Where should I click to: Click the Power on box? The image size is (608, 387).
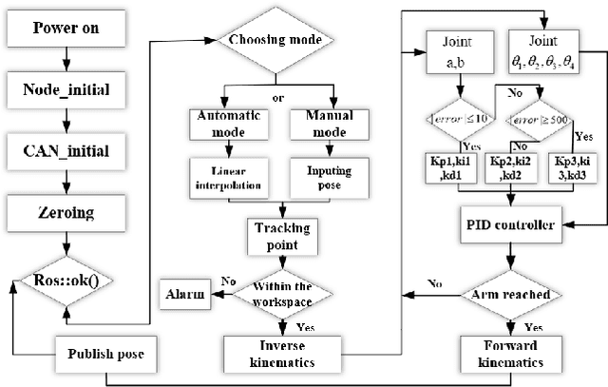(x=66, y=28)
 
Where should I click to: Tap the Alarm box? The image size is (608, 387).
(x=185, y=294)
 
